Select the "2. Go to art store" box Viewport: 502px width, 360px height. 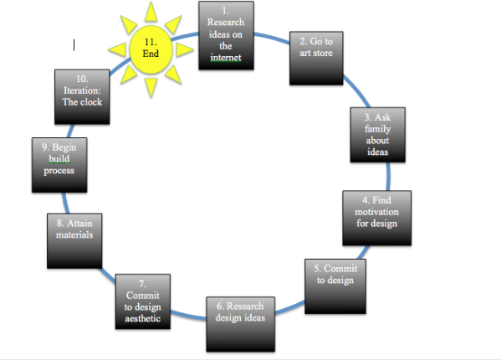pyautogui.click(x=316, y=55)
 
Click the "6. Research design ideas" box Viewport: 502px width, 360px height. pyautogui.click(x=241, y=322)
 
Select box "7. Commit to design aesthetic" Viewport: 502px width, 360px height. pyautogui.click(x=143, y=303)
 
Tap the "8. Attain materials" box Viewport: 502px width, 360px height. pyautogui.click(x=74, y=240)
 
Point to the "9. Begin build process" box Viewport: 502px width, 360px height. pyautogui.click(x=59, y=165)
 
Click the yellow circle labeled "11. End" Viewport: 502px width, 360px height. pyautogui.click(x=151, y=48)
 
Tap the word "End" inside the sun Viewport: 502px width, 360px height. pyautogui.click(x=151, y=54)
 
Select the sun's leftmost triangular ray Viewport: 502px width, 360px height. pyautogui.click(x=114, y=49)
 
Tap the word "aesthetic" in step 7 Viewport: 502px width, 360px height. pyautogui.click(x=142, y=318)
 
